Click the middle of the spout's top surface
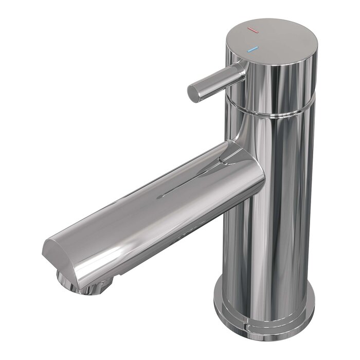(x=154, y=201)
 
